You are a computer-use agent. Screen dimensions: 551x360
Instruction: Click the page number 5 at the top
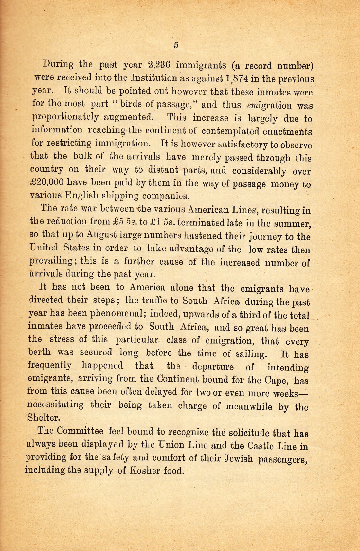(x=176, y=45)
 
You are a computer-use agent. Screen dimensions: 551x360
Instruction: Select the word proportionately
(x=65, y=117)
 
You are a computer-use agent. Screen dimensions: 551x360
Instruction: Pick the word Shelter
(x=44, y=418)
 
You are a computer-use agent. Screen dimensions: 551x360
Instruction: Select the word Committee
(x=80, y=431)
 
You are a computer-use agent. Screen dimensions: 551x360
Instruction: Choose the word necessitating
(x=56, y=405)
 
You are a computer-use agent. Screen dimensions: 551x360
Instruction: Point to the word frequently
(x=49, y=365)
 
